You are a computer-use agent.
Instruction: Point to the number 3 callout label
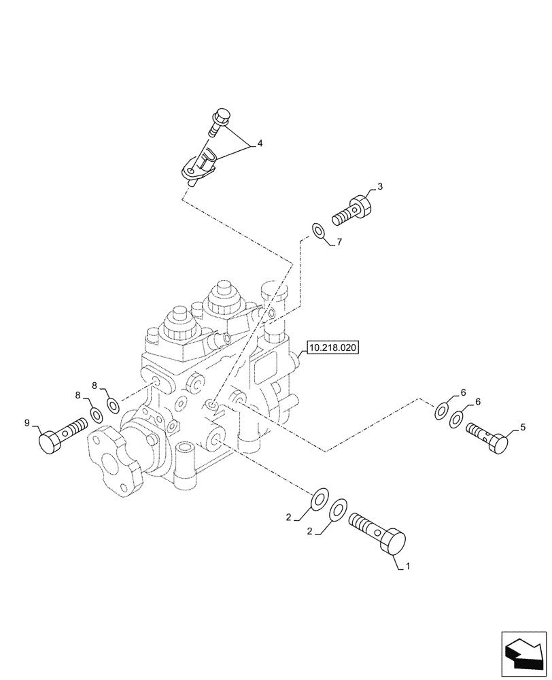pos(380,186)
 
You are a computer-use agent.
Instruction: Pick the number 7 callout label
pos(339,241)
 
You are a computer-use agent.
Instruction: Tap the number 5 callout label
pos(523,428)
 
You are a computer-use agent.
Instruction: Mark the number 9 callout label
pos(28,424)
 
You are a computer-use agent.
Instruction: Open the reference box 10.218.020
pos(332,347)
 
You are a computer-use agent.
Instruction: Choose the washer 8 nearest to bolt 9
pos(96,414)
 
